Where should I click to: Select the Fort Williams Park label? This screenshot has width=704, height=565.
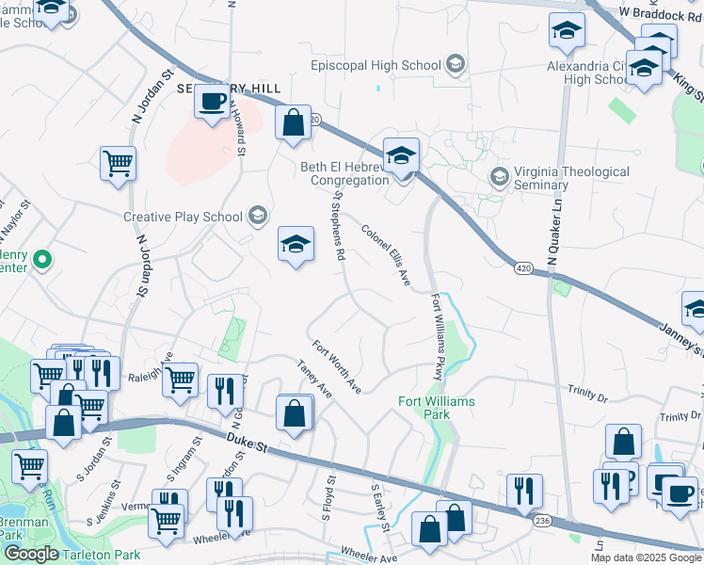tap(436, 408)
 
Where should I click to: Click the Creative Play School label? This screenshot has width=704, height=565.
tap(184, 217)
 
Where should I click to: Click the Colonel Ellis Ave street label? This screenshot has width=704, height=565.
tap(386, 255)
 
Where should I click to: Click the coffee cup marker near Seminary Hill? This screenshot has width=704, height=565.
tap(214, 101)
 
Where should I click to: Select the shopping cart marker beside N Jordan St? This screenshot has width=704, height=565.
tap(119, 163)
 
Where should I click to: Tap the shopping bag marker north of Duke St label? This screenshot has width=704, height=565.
tap(295, 412)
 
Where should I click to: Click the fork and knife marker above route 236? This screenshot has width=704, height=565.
tap(524, 490)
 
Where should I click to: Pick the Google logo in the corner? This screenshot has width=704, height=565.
tap(31, 555)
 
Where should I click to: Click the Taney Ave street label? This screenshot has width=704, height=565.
tap(314, 378)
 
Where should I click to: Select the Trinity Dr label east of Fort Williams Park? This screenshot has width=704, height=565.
tap(588, 388)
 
